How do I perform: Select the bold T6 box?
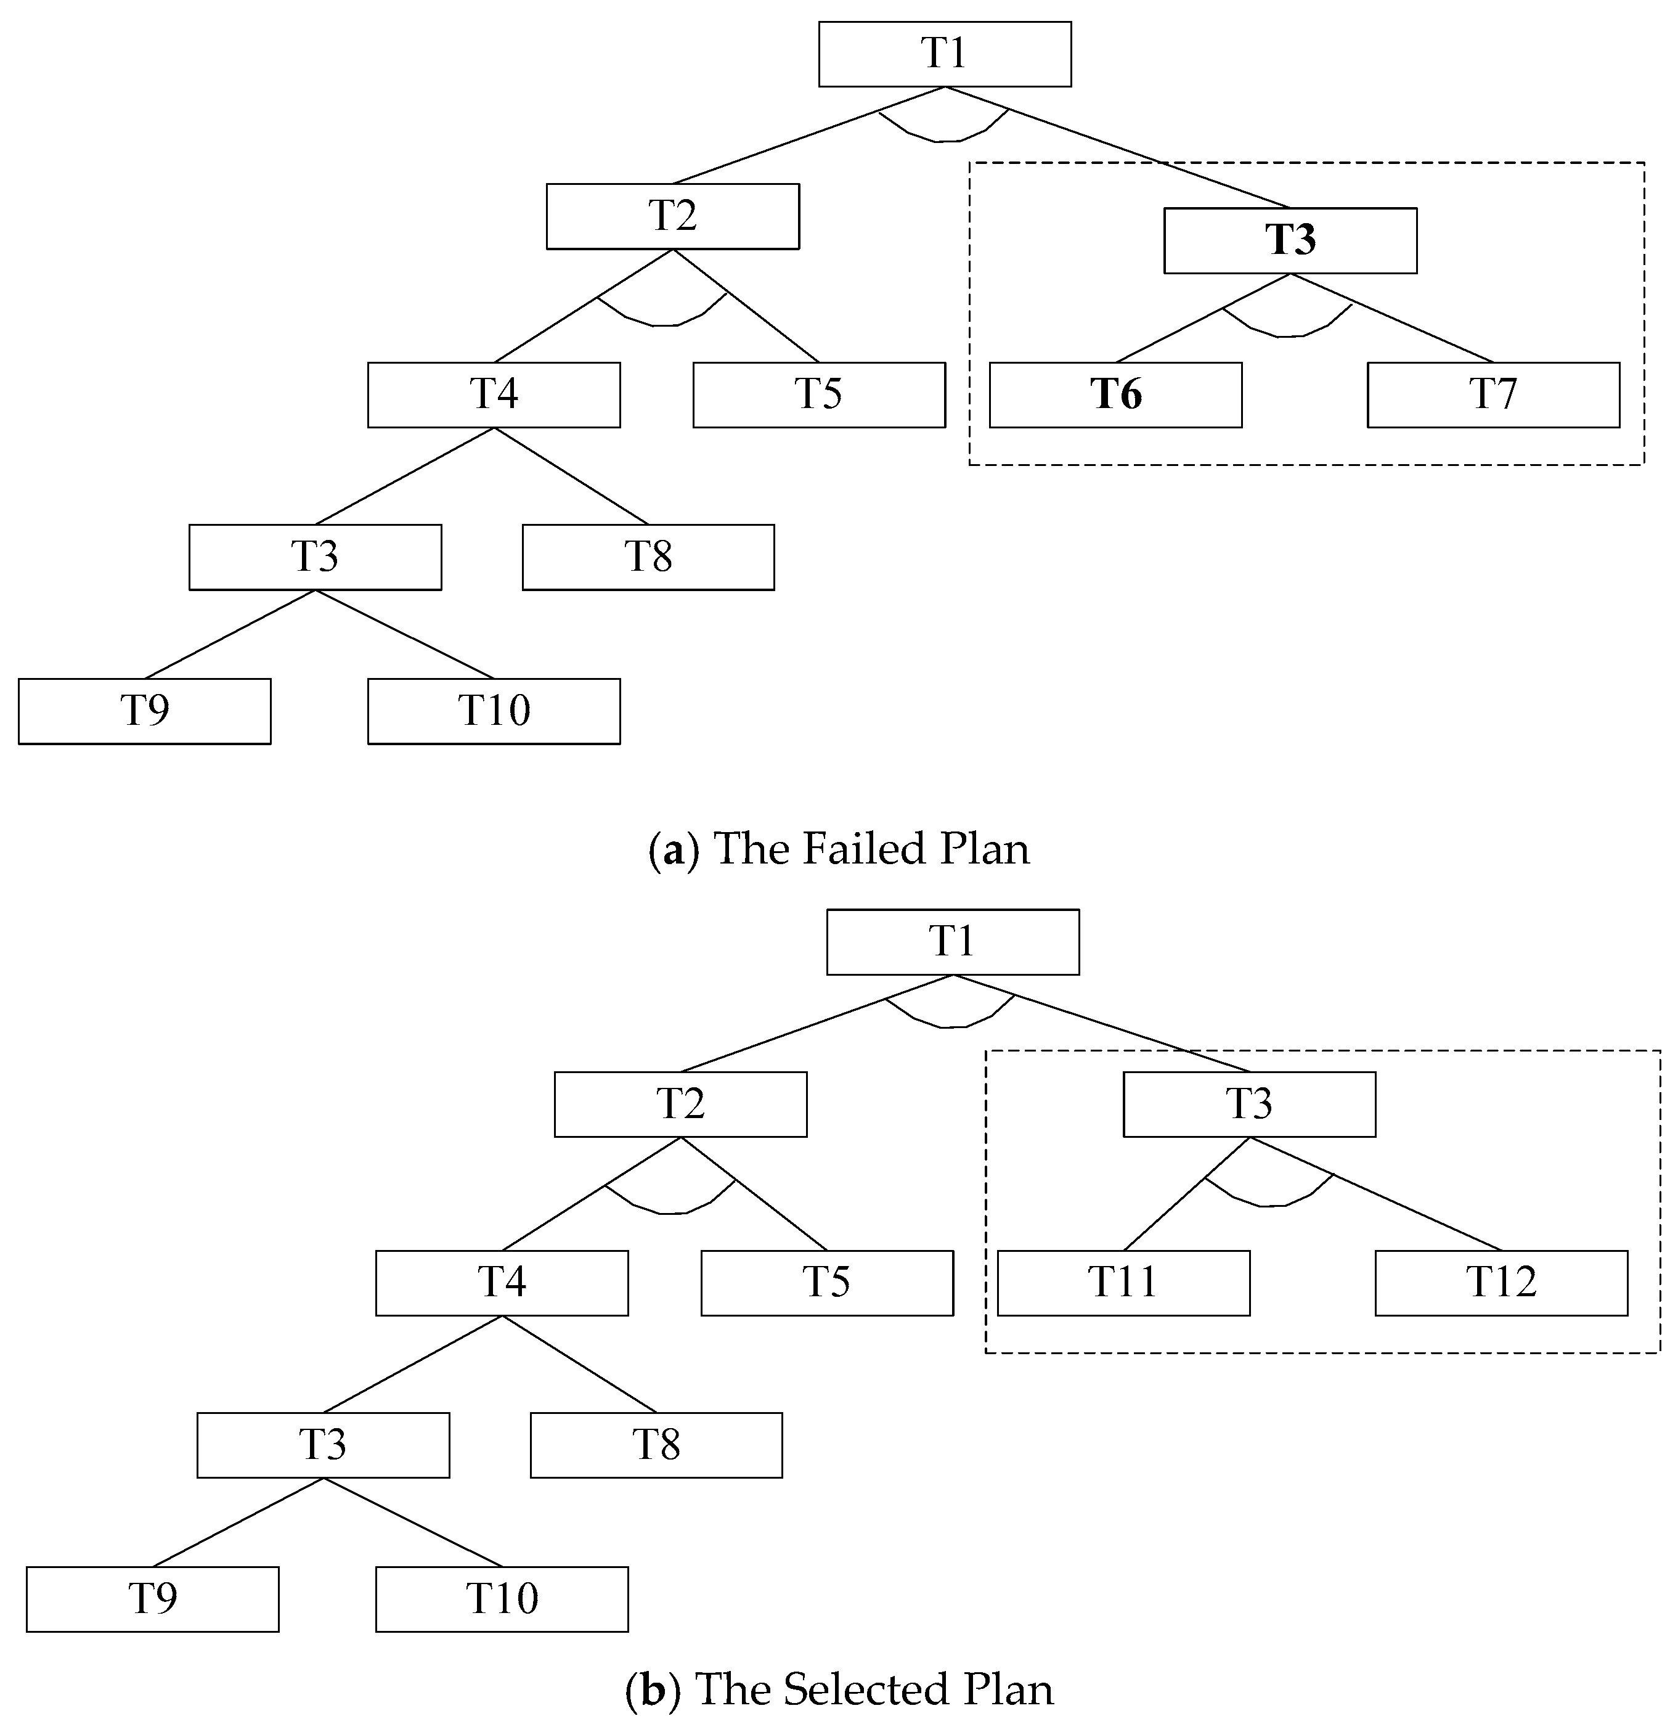[1115, 395]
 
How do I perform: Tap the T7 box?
[1493, 395]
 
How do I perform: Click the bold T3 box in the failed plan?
[1290, 240]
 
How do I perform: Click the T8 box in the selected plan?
[656, 1445]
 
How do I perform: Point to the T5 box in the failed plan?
[818, 395]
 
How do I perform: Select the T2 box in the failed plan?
[672, 216]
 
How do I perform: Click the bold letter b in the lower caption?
[652, 1689]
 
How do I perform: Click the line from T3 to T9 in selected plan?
[238, 1522]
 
